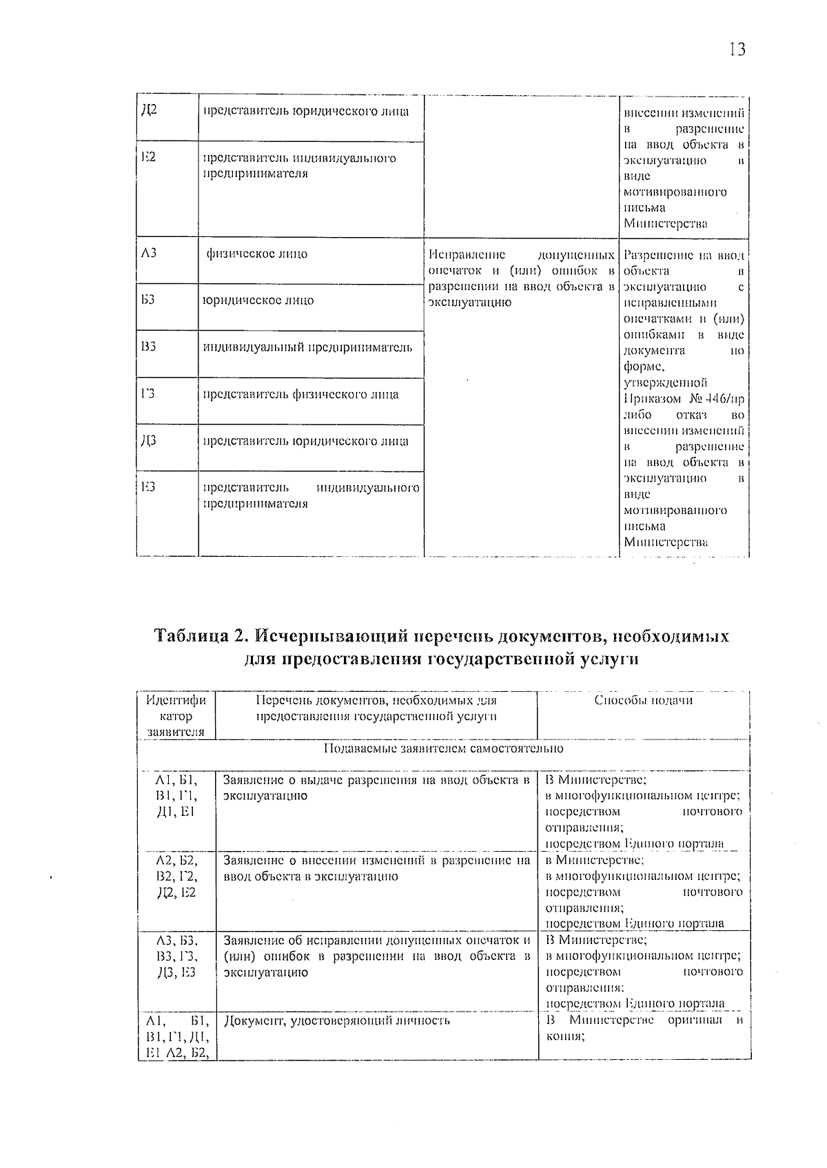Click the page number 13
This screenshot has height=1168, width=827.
click(x=736, y=50)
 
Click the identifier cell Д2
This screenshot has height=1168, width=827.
click(x=149, y=110)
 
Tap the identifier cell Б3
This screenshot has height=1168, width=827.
click(x=148, y=300)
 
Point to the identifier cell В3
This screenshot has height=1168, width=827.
click(x=148, y=347)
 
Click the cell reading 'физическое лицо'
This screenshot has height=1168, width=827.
click(x=257, y=254)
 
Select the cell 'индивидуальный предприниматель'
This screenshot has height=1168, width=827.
click(x=307, y=347)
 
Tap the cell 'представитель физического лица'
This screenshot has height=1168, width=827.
click(x=300, y=395)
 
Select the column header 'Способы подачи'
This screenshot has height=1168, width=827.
click(x=643, y=701)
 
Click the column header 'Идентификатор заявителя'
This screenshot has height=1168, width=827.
click(x=176, y=716)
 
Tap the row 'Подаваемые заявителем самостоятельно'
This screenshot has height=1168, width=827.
click(x=443, y=748)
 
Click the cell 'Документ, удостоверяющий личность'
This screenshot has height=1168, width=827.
click(x=338, y=1021)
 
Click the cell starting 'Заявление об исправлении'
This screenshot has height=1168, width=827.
click(x=376, y=956)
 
